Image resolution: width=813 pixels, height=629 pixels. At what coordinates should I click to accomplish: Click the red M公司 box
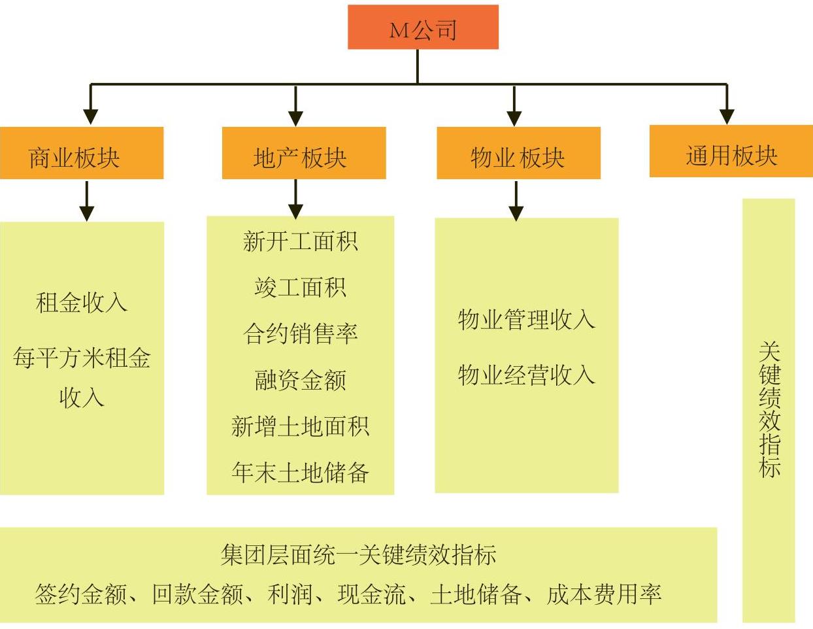[423, 27]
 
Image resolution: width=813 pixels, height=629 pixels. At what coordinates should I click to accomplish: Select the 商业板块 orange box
[82, 152]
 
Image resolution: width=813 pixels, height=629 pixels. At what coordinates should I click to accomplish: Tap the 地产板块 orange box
[304, 152]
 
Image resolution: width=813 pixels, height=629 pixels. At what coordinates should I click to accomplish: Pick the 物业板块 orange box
[518, 152]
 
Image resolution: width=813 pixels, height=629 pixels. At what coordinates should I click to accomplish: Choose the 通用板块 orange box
[731, 151]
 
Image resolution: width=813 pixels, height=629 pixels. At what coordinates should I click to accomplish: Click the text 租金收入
[82, 302]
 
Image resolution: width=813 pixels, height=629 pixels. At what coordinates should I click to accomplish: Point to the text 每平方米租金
[82, 358]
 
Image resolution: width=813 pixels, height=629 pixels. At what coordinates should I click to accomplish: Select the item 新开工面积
[301, 241]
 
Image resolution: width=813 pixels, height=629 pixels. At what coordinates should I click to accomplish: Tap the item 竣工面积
[301, 288]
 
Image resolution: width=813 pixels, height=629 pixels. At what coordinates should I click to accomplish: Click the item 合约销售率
[301, 333]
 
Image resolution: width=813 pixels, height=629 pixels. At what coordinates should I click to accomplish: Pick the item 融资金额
[301, 380]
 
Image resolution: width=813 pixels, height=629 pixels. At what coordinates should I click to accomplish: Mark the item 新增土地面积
[301, 426]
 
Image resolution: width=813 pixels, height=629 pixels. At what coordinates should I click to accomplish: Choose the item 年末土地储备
[301, 472]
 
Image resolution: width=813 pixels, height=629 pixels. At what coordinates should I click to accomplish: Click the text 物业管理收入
[526, 320]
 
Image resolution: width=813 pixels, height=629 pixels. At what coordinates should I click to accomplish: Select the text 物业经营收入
[526, 375]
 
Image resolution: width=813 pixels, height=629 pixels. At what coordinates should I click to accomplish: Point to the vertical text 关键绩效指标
[770, 409]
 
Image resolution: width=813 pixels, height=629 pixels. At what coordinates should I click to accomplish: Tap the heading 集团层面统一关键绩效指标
[358, 554]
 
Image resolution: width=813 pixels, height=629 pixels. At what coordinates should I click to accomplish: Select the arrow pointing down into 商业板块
[91, 105]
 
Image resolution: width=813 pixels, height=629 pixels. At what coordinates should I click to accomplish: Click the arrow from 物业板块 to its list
[516, 201]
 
